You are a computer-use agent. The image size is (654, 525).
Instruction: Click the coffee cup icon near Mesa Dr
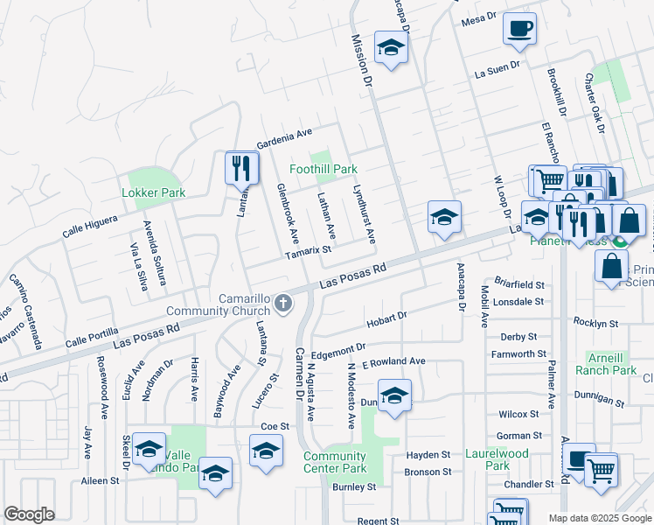[x=520, y=29]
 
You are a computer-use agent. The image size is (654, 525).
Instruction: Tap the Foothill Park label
[x=324, y=169]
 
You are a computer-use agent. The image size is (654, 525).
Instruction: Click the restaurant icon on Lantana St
[x=241, y=168]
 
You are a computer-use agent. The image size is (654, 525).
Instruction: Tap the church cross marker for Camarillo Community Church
[x=282, y=304]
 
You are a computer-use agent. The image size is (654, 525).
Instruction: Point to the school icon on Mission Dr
[x=391, y=48]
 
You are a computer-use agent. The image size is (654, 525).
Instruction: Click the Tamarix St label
[x=310, y=250]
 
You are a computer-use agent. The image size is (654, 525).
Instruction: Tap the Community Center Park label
[x=335, y=463]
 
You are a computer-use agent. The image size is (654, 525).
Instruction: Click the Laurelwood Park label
[x=497, y=460]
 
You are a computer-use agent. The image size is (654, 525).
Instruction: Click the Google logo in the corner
[x=29, y=514]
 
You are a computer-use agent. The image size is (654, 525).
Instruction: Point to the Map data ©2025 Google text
[x=599, y=518]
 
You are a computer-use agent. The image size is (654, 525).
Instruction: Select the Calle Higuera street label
[x=90, y=227]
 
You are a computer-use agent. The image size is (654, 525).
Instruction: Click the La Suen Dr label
[x=497, y=70]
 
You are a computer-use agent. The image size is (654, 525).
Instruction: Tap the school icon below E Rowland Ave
[x=394, y=395]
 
